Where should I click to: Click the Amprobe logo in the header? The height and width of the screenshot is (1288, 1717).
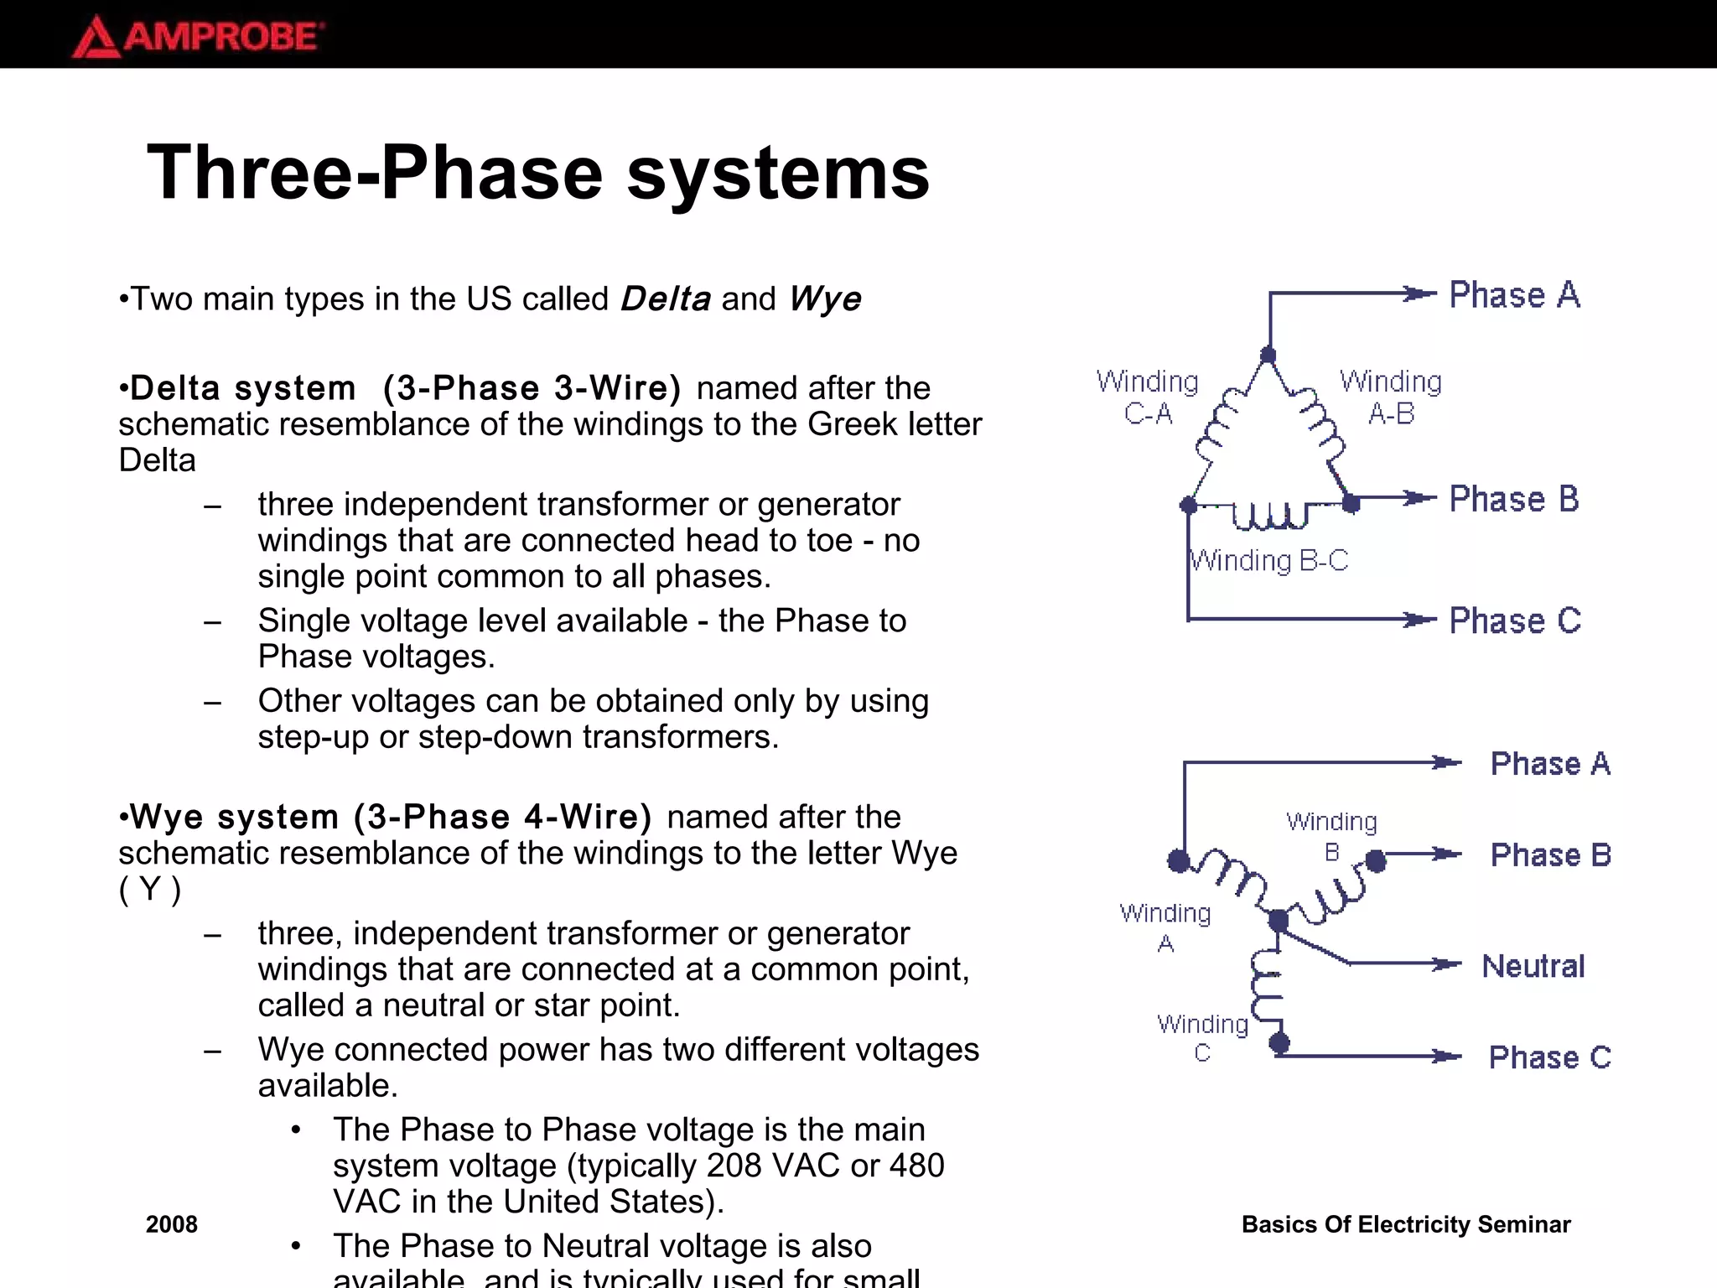198,37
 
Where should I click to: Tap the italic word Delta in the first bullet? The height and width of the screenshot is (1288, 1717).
666,299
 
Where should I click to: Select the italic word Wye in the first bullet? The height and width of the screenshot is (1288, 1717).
825,299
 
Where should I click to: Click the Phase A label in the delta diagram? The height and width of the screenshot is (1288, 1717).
1514,295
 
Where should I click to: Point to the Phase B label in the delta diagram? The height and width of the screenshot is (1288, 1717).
1514,499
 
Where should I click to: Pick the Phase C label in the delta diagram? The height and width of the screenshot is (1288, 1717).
1514,621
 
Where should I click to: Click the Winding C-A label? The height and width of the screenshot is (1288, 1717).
1148,397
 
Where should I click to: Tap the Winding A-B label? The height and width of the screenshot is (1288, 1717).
1391,397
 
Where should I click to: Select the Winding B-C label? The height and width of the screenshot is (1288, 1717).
1269,560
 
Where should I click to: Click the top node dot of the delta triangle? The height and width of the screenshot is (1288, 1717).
1268,355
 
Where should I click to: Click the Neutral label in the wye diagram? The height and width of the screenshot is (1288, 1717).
1533,966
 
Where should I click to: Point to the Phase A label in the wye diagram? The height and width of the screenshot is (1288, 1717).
1550,764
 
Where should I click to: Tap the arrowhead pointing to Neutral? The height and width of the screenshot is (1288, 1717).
1446,964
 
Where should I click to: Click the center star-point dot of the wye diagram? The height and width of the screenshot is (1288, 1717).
1278,921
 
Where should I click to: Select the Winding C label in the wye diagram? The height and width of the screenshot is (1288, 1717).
1202,1038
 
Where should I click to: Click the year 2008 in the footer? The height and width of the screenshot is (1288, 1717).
172,1224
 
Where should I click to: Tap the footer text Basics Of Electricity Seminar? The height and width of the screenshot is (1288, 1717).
1406,1224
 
